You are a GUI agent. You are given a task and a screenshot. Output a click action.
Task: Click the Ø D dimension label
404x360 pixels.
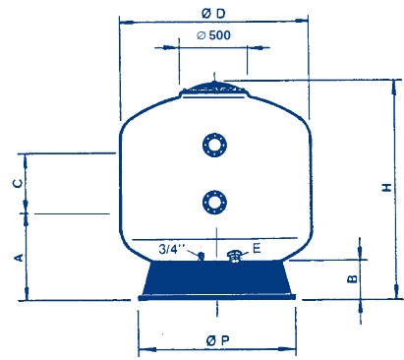213,14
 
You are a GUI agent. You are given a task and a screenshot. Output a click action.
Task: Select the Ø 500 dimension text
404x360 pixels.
213,35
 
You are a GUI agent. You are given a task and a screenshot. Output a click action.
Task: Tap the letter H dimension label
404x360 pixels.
387,187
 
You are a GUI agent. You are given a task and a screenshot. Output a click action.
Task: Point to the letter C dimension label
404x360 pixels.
18,183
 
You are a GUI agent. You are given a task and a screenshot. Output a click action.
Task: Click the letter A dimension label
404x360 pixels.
19,258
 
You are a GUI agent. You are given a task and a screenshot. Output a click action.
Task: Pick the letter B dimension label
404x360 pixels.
352,278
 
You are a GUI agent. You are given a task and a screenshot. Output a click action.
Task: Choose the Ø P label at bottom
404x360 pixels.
217,340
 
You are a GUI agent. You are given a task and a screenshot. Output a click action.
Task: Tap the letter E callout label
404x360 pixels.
257,248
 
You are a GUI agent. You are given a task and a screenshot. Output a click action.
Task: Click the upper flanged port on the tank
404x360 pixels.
214,145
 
